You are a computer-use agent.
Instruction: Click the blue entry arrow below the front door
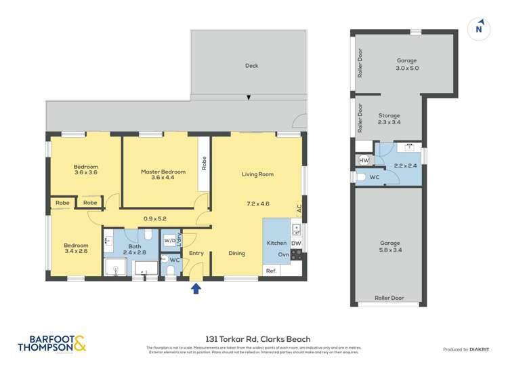tap(196, 288)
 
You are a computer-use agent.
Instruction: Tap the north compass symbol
tap(479, 28)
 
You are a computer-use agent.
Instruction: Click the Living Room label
tap(257, 174)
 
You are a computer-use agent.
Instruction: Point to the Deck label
tap(251, 66)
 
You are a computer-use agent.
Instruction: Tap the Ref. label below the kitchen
tap(271, 271)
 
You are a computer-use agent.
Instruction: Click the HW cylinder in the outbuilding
tap(364, 160)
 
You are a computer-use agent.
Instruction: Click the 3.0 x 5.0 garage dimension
tap(407, 68)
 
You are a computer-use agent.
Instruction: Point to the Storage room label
tap(389, 116)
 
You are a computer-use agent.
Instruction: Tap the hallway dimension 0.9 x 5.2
tap(154, 218)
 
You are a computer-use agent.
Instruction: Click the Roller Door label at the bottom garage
tap(389, 297)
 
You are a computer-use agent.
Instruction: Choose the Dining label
tap(236, 254)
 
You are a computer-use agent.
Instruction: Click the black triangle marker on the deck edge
tap(249, 98)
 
